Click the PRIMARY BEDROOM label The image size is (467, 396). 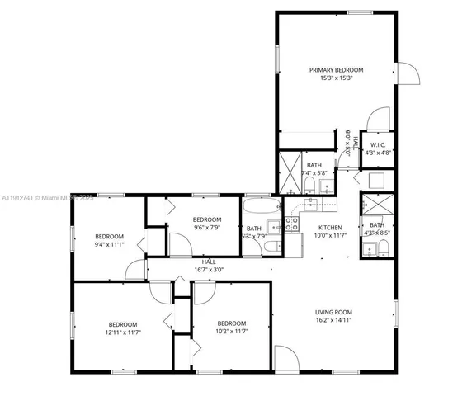[x=336, y=70]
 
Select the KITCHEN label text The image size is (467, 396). [x=330, y=228]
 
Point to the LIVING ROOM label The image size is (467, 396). [x=333, y=311]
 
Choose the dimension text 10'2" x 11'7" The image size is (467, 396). [x=231, y=331]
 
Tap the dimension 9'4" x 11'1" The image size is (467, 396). [x=108, y=244]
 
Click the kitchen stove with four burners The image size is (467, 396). [x=292, y=223]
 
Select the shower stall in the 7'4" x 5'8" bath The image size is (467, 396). [x=290, y=163]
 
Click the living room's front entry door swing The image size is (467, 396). [x=285, y=359]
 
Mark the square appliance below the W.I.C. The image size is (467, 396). [x=377, y=180]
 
